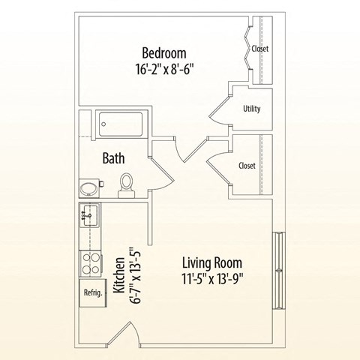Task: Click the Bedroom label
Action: (164, 53)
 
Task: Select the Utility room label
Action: (252, 109)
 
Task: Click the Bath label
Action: (113, 158)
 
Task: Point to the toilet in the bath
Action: (127, 184)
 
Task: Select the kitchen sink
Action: (88, 216)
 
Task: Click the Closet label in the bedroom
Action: (260, 49)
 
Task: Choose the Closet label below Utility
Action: (247, 166)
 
